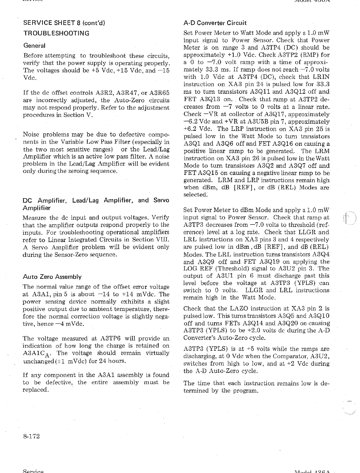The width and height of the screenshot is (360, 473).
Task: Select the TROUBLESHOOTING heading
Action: [x=56, y=33]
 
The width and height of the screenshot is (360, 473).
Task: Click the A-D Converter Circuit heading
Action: [x=215, y=23]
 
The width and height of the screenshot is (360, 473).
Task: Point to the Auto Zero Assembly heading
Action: [x=52, y=277]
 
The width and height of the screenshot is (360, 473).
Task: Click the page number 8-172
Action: [x=32, y=436]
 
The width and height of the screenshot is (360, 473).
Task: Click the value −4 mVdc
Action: [x=69, y=324]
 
